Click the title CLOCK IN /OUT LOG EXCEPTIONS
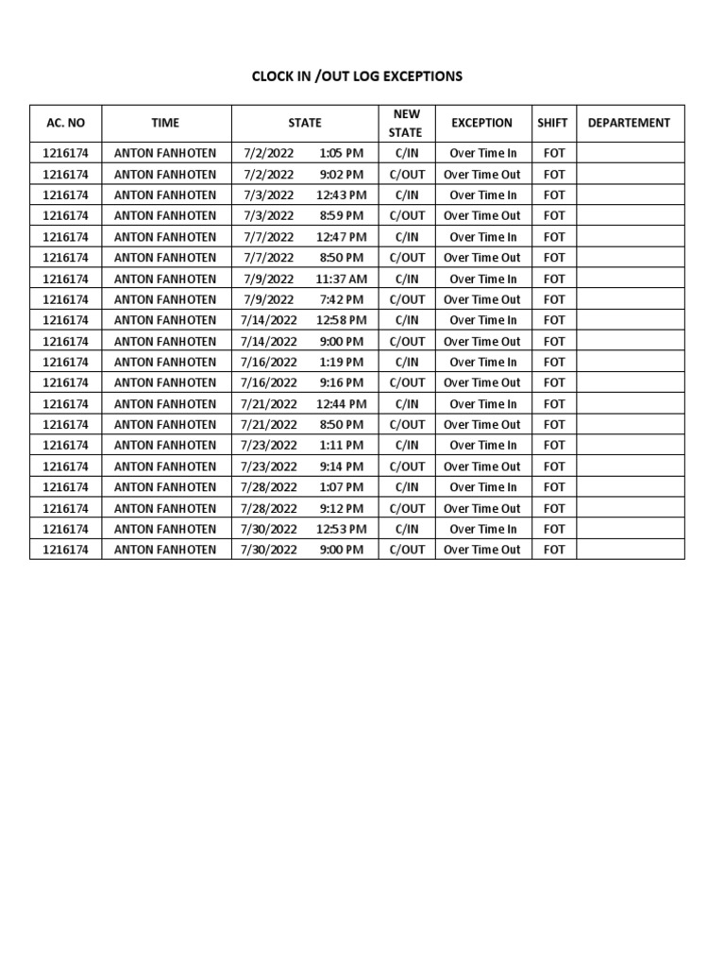[x=357, y=76]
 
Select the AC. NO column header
[x=65, y=123]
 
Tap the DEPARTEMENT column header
[x=629, y=123]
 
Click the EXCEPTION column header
[x=481, y=123]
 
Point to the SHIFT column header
[x=552, y=123]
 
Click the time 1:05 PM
[x=341, y=153]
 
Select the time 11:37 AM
[x=341, y=279]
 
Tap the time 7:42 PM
[x=341, y=299]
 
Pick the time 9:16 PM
[x=341, y=382]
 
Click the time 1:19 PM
[x=341, y=362]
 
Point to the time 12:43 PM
[x=341, y=195]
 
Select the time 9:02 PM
[x=341, y=174]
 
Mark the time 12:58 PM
[x=341, y=320]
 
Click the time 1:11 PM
[x=341, y=445]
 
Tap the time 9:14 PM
[x=341, y=467]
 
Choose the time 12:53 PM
[x=341, y=529]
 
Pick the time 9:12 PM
[x=341, y=508]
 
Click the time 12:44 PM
[x=341, y=403]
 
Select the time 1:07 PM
[x=341, y=487]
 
